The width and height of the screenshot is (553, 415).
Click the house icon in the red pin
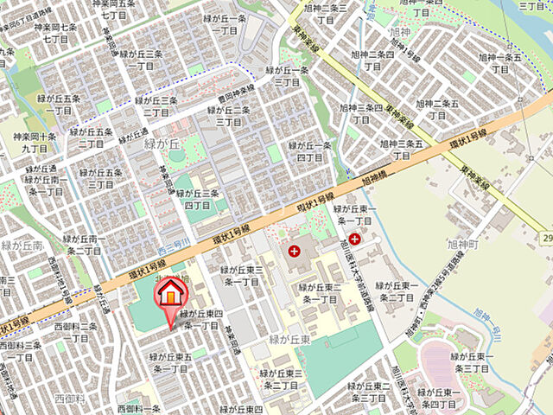pos(171,293)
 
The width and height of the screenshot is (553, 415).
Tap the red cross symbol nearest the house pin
pos(296,252)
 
